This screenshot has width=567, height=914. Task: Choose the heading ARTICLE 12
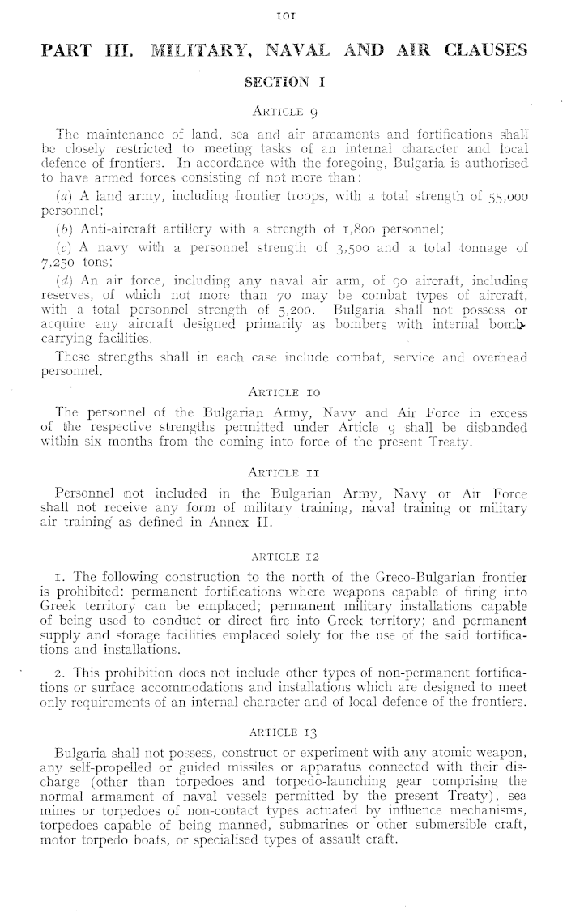(x=283, y=555)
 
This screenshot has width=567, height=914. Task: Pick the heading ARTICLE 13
(x=283, y=724)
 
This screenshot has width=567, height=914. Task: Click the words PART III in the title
(x=84, y=51)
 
